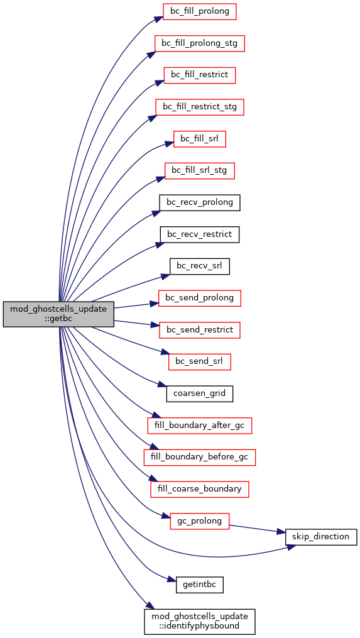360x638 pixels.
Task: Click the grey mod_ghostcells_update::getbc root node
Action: click(58, 314)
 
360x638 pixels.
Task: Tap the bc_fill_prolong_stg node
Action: click(199, 43)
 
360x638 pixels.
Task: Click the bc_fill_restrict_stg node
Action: click(199, 107)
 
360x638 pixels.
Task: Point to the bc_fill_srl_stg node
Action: click(199, 171)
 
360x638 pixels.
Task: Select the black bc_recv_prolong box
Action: click(199, 202)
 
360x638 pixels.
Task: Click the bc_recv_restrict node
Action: click(199, 234)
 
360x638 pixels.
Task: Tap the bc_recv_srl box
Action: click(199, 266)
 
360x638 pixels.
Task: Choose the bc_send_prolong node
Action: click(199, 298)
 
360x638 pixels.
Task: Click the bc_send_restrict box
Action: click(199, 330)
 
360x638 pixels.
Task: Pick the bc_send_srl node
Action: click(199, 361)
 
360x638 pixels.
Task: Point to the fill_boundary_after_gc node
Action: click(199, 426)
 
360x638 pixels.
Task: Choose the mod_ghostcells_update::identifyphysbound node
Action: click(199, 622)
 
